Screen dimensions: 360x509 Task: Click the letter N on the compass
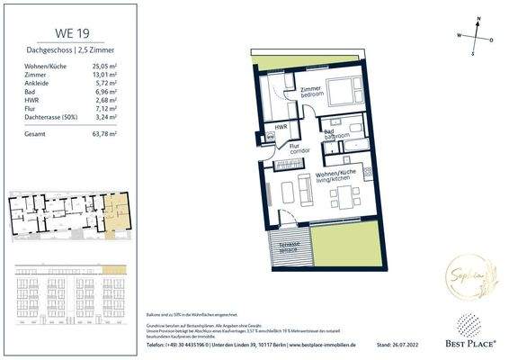pos(478,19)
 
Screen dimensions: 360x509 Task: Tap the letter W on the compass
pos(459,36)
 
